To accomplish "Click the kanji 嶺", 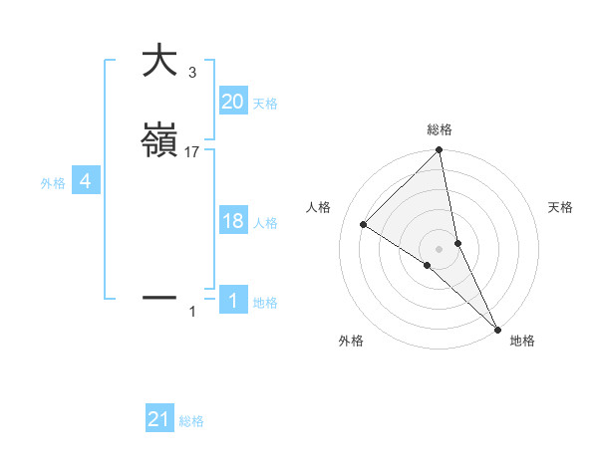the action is coord(159,140).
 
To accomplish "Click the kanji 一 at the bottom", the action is coord(159,297).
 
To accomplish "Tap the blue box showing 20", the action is coord(232,102).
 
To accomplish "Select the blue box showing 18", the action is coord(232,221).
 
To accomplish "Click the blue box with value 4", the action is coord(86,181).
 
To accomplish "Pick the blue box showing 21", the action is coord(159,419).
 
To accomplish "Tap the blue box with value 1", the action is coord(232,301).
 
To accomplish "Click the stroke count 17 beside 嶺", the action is coord(192,152).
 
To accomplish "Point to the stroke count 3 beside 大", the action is coord(192,73).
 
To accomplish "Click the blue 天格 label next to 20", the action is coord(265,104).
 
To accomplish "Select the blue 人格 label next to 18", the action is coord(265,223).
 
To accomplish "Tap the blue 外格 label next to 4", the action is coord(53,183).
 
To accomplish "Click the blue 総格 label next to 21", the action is coord(191,421).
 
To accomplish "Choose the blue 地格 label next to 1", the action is coord(265,303).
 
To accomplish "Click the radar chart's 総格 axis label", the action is coord(440,129).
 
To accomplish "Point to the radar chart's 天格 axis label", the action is coord(561,207).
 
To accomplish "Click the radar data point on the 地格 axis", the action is coord(497,327).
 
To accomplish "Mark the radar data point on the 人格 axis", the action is coord(364,224).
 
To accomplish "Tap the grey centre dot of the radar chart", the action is coord(440,248).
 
